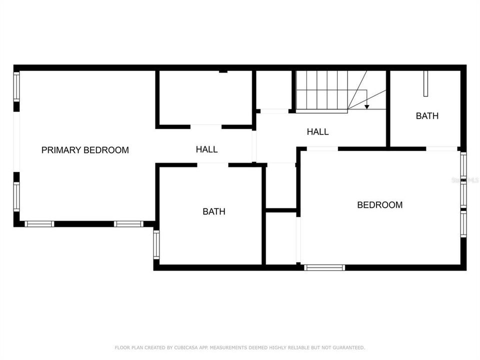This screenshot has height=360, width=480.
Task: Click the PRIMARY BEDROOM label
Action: click(x=85, y=150)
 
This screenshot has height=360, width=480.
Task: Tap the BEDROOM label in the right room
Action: click(x=379, y=204)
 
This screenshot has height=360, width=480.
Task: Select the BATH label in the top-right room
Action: click(x=427, y=116)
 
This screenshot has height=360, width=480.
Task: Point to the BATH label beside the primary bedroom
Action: click(x=213, y=211)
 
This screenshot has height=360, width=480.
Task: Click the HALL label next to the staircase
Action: click(x=317, y=132)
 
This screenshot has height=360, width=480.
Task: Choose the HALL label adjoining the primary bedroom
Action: click(x=206, y=149)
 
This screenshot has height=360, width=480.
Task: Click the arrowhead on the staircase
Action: click(x=366, y=106)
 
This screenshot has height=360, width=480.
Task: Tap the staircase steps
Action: click(x=321, y=90)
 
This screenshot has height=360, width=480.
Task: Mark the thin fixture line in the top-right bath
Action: click(x=425, y=83)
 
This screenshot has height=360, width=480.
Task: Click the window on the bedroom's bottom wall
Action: click(x=324, y=267)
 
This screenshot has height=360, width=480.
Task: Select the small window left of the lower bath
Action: click(x=156, y=244)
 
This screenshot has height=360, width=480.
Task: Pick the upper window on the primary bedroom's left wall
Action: click(x=16, y=87)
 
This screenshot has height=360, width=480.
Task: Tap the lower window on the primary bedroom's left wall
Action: click(x=16, y=196)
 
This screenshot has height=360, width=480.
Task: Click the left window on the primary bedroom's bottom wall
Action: click(x=39, y=224)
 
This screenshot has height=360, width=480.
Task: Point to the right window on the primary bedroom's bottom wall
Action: click(x=128, y=224)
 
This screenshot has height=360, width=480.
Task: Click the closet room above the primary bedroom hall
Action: click(x=205, y=97)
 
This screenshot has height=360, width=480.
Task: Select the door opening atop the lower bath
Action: click(x=212, y=164)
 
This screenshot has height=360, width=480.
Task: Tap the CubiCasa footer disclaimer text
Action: click(x=240, y=347)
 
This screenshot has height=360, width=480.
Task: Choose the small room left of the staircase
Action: click(x=273, y=90)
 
